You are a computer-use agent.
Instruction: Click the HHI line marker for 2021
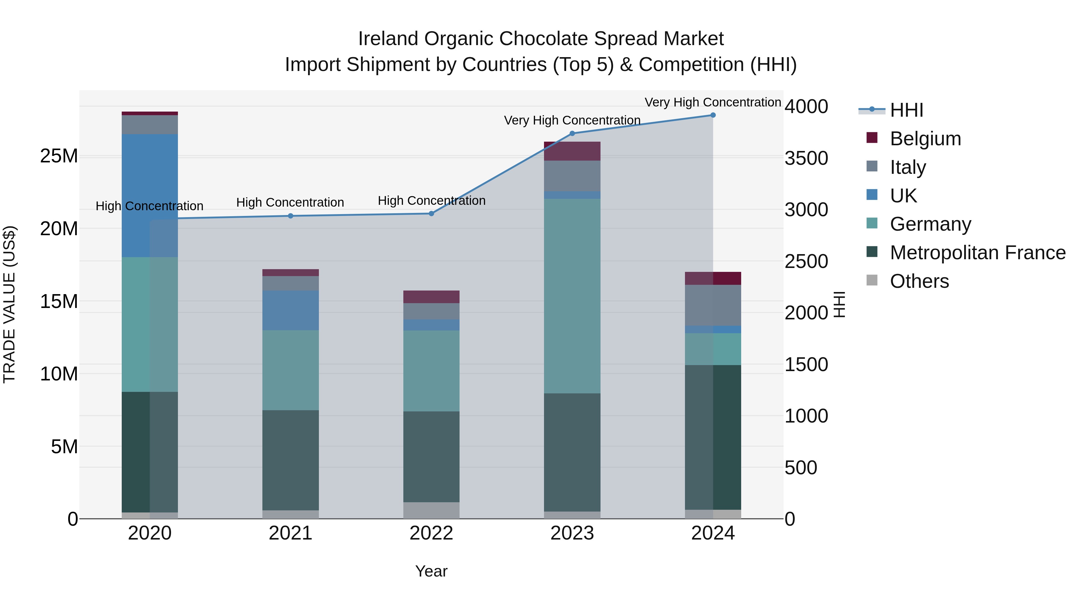(x=290, y=216)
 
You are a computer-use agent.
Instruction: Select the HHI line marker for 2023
(x=572, y=134)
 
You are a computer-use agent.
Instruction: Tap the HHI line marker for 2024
(x=713, y=115)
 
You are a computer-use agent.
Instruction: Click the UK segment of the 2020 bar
(x=150, y=195)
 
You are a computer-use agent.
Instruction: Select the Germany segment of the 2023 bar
(x=572, y=296)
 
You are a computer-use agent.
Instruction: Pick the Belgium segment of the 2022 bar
(x=431, y=297)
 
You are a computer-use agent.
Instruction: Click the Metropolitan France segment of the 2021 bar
(x=290, y=460)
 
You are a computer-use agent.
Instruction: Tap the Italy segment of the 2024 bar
(x=713, y=305)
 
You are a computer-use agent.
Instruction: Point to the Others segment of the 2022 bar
(x=431, y=510)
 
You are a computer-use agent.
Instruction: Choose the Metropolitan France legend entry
(x=977, y=253)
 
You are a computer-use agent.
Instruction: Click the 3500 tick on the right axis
(x=806, y=158)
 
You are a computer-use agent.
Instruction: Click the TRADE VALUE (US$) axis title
(x=9, y=304)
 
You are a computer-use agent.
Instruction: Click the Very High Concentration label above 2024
(x=713, y=102)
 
